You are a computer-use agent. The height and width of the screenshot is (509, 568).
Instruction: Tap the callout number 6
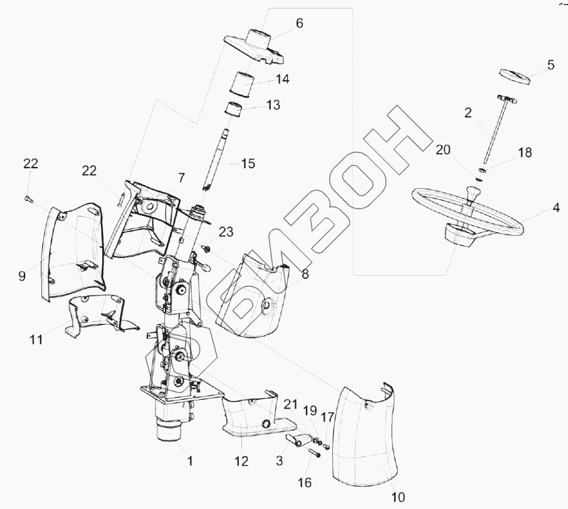(299, 23)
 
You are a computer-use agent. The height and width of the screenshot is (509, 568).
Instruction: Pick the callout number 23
(226, 232)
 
